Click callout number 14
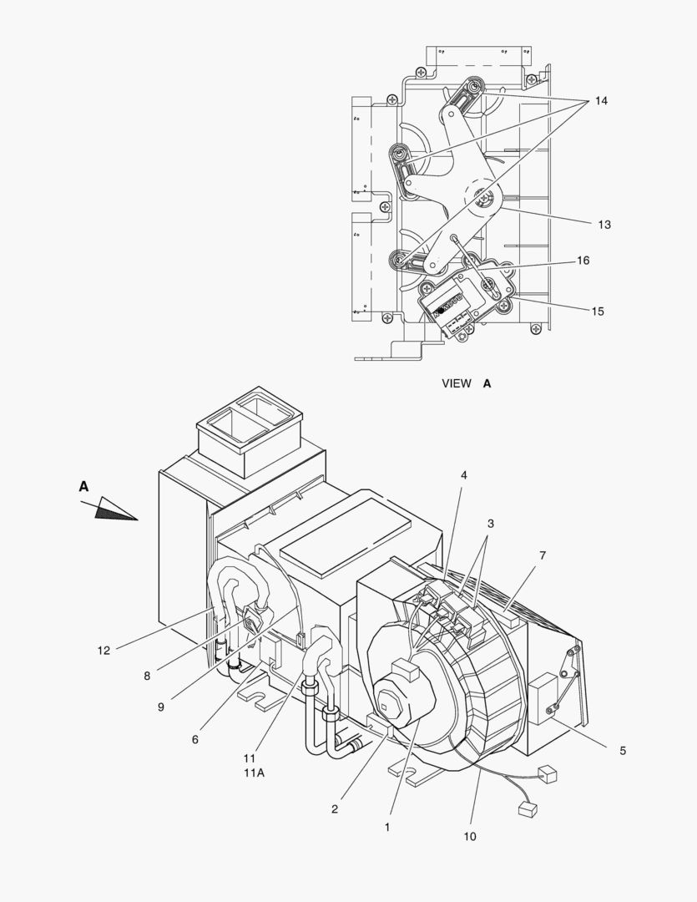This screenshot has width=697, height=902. (x=601, y=101)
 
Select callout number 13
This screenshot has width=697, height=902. (x=604, y=225)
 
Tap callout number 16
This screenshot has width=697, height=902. (x=583, y=261)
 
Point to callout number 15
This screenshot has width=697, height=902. (x=599, y=312)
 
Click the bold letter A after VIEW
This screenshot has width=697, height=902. (x=487, y=383)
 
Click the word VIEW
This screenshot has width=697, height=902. (x=457, y=383)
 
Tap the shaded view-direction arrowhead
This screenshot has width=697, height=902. (x=116, y=509)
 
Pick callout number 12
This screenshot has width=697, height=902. (x=104, y=651)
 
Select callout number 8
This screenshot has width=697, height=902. (x=147, y=676)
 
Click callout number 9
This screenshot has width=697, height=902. (x=161, y=707)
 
